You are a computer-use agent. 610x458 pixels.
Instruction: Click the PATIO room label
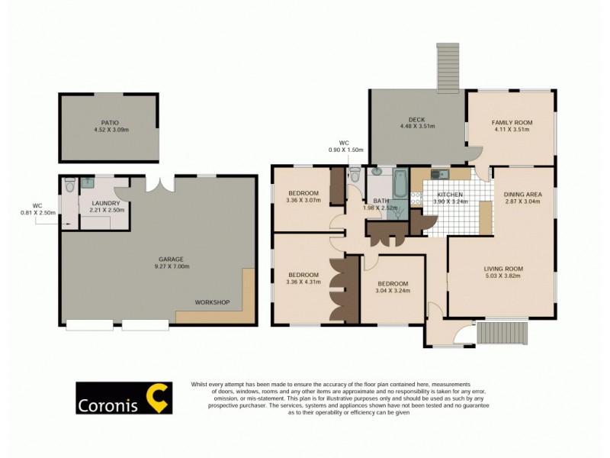110,122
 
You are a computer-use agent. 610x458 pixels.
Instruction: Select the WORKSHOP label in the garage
212,302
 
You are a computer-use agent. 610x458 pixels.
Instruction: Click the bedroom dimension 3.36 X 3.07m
303,201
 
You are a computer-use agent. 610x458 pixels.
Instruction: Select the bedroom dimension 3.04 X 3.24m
393,291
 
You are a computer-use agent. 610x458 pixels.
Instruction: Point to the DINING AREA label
523,195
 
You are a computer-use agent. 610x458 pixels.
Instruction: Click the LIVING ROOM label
503,269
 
